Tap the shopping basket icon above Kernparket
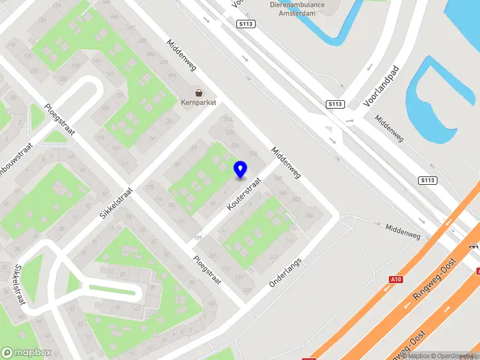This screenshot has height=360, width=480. pyautogui.click(x=198, y=93)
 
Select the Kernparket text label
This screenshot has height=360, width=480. pyautogui.click(x=198, y=103)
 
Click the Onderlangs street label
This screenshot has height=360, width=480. pyautogui.click(x=285, y=272)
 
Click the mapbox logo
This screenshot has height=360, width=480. pyautogui.click(x=26, y=353)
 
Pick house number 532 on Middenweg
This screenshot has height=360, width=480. pyautogui.click(x=253, y=154)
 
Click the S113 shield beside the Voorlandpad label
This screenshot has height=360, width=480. pyautogui.click(x=335, y=104)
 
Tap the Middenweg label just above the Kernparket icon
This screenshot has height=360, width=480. pyautogui.click(x=182, y=56)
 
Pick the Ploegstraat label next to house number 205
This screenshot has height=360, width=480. pyautogui.click(x=207, y=269)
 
